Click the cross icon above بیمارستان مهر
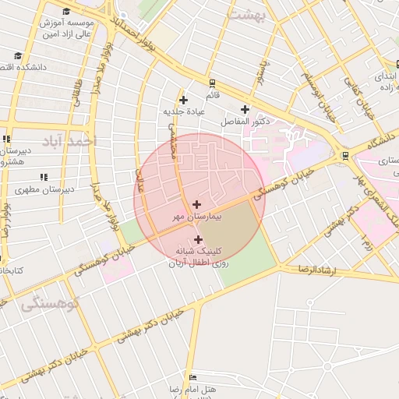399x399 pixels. pos(196,204)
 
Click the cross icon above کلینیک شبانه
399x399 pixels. pos(198,239)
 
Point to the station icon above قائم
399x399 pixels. pos(212,82)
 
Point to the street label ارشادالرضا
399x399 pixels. pos(316,269)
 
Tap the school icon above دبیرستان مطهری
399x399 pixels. pos(22,189)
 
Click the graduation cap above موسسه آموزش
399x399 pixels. pos(65,12)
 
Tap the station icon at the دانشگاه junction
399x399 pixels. pos(345,155)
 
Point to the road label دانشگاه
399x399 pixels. pos(379,141)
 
